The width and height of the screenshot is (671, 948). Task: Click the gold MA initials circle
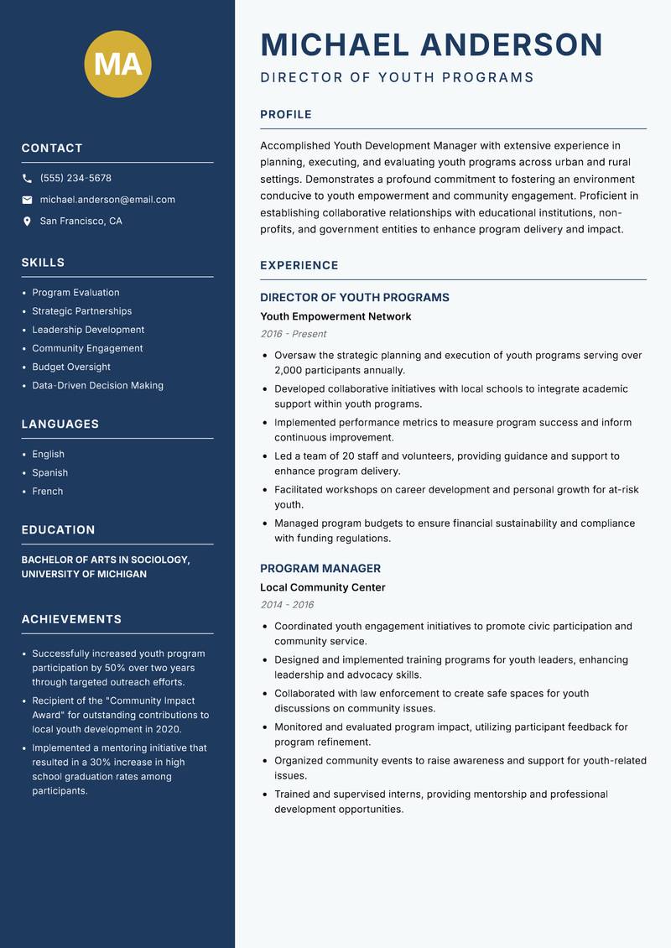[x=117, y=64]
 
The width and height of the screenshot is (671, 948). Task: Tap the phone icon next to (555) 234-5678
[x=27, y=179]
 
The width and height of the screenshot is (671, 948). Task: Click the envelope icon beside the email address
[x=27, y=200]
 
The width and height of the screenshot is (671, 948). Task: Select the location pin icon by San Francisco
[x=27, y=221]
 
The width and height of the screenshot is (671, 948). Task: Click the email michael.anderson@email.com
[x=107, y=200]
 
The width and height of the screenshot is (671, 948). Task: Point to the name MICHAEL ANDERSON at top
[x=431, y=44]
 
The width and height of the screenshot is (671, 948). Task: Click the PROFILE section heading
[x=285, y=115]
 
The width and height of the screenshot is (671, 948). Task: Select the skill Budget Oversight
[x=71, y=367]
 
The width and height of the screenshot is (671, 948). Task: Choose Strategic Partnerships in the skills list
[x=81, y=311]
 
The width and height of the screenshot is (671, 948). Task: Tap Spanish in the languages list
[x=49, y=472]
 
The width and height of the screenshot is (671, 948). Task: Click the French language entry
[x=47, y=491]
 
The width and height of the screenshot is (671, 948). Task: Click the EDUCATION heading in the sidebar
[x=58, y=530]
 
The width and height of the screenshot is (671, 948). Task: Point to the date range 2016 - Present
[x=293, y=334]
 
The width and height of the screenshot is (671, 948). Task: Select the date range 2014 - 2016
[x=287, y=605]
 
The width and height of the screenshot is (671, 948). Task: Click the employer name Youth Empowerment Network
[x=335, y=316]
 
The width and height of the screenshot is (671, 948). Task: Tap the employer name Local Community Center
[x=322, y=587]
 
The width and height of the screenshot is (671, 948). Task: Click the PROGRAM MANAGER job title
[x=320, y=568]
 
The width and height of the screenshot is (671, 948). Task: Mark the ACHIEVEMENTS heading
[x=71, y=619]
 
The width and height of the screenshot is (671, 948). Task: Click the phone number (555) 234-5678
[x=75, y=179]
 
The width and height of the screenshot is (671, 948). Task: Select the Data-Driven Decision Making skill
[x=97, y=385]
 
